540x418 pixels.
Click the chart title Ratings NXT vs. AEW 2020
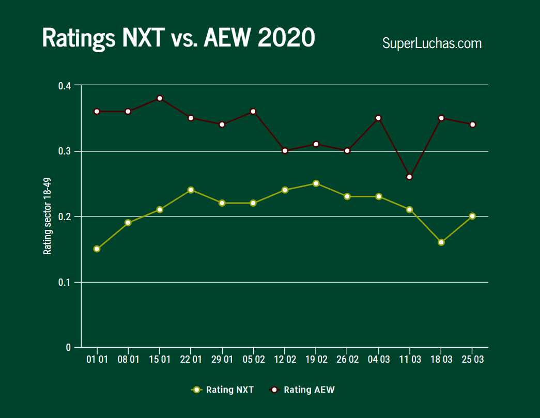tap(178, 38)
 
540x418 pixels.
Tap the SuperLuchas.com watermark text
tap(431, 43)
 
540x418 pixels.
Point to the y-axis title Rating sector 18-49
tap(48, 216)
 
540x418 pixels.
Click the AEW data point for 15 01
tap(160, 98)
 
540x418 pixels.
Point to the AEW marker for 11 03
tap(410, 177)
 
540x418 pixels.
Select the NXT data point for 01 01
tap(97, 249)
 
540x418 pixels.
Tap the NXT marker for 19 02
tap(316, 183)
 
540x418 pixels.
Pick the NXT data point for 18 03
tap(441, 242)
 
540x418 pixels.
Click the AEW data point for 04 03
tap(379, 118)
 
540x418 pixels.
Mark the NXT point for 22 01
tap(191, 190)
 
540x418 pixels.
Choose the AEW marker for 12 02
tap(285, 151)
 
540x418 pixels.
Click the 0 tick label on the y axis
tap(68, 347)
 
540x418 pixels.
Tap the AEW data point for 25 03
tap(472, 125)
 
